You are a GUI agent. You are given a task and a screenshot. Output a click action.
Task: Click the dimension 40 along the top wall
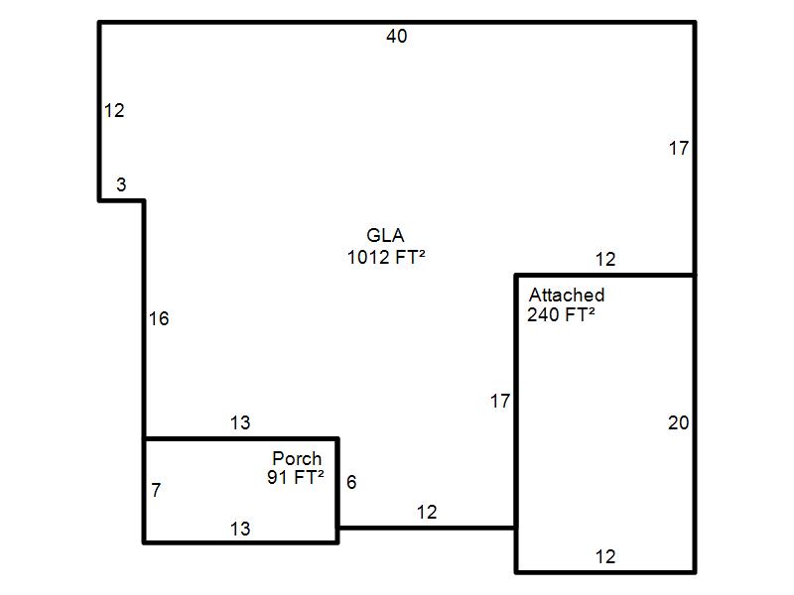tap(396, 36)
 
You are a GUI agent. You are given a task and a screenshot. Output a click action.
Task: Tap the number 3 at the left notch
tap(121, 184)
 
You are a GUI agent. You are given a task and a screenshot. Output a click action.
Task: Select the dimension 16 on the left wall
tap(159, 318)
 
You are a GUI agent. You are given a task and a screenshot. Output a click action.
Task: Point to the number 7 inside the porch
tap(156, 489)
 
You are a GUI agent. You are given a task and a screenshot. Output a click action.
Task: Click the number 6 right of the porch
tap(351, 482)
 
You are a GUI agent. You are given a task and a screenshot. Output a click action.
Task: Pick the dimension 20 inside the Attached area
tap(679, 422)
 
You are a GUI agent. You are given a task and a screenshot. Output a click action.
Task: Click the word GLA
tap(385, 235)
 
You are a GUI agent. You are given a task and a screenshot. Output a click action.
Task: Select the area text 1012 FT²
tap(386, 257)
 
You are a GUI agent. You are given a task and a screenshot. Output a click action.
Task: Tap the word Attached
tap(567, 295)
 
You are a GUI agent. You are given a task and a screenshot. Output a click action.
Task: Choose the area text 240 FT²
tap(561, 314)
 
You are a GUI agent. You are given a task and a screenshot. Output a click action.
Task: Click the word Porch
tap(297, 458)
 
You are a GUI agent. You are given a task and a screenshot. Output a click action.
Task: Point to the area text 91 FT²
tap(296, 477)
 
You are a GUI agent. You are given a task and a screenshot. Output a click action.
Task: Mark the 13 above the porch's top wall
tap(240, 422)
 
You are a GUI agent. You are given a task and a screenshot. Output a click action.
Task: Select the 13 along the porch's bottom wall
tap(240, 529)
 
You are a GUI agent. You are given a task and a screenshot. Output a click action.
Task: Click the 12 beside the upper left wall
tap(114, 110)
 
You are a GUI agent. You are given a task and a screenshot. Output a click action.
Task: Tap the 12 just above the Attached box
tap(605, 259)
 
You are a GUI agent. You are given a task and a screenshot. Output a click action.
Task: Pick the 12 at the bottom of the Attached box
tap(605, 556)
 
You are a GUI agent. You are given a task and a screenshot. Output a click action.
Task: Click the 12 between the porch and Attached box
tap(427, 512)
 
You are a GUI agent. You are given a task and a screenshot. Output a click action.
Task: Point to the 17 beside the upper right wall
tap(679, 148)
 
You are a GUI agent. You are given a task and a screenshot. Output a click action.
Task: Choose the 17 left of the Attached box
tap(500, 402)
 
